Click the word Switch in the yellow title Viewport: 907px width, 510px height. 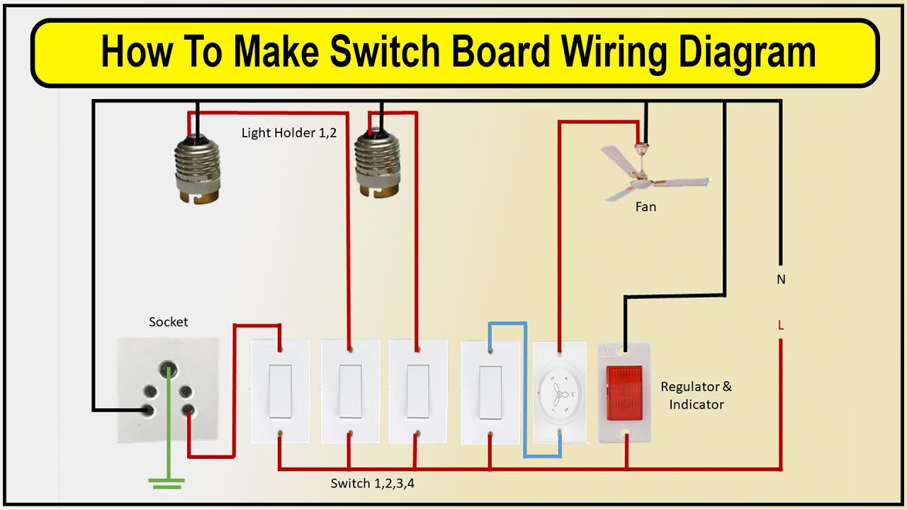[x=385, y=52]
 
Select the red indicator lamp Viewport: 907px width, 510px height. [x=624, y=393]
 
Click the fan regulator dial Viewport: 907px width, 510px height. [x=560, y=393]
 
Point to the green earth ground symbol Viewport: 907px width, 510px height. [x=167, y=483]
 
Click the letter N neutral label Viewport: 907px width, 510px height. [x=781, y=279]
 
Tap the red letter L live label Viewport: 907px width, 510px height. [x=781, y=324]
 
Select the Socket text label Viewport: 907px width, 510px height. [x=168, y=322]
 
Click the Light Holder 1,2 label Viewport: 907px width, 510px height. [x=288, y=132]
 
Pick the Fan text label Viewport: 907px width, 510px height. [x=646, y=207]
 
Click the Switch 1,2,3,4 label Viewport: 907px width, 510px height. [x=373, y=483]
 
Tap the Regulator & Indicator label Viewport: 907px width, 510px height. [x=697, y=395]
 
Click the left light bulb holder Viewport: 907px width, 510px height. [x=197, y=169]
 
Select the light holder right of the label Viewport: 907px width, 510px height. [x=376, y=163]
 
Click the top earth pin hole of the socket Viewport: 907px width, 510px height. [x=168, y=368]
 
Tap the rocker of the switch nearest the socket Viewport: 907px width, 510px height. [x=280, y=392]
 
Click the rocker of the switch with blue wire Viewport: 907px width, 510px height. [x=490, y=393]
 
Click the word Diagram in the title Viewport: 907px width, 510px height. [x=747, y=52]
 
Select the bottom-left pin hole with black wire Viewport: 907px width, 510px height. [x=149, y=410]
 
